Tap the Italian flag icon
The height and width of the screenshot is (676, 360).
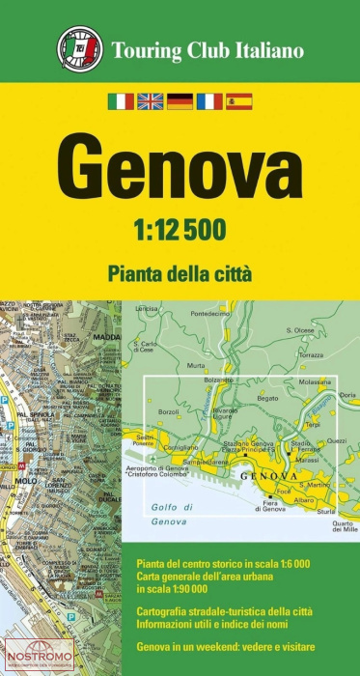(121, 100)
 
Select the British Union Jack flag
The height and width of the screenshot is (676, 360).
(150, 100)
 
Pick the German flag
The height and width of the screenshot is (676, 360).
(180, 100)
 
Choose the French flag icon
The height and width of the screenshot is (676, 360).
(208, 100)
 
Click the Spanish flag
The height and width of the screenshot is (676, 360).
(238, 100)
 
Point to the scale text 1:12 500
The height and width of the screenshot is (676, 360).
(180, 228)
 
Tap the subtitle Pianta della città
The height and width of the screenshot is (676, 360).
(180, 273)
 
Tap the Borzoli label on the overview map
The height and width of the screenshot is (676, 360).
(169, 412)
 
